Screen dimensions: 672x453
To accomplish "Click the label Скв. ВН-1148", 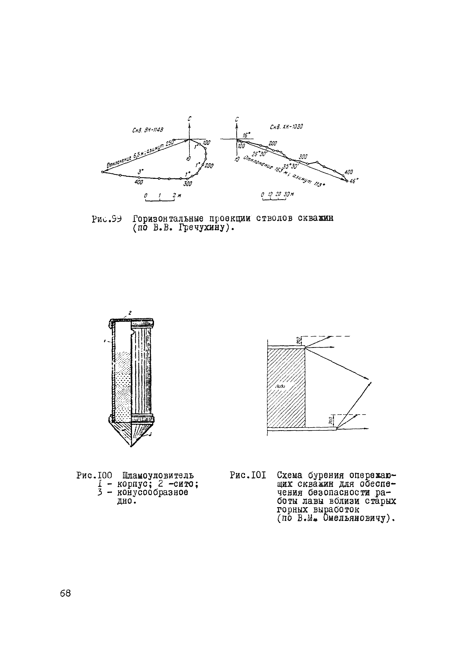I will (148, 130).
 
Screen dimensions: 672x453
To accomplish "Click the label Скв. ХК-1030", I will (286, 127).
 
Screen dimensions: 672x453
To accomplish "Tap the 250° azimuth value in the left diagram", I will (170, 143).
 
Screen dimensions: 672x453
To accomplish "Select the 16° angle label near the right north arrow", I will (246, 135).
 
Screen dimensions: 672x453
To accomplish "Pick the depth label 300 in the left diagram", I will (188, 184).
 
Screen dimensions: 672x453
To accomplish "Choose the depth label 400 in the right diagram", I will (348, 172).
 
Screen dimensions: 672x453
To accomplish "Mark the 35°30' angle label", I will (291, 167).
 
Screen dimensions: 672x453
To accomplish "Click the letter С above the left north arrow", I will (189, 119).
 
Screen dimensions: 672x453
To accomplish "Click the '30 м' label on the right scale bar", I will (288, 194).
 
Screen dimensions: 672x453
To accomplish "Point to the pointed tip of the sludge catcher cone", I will (131, 447).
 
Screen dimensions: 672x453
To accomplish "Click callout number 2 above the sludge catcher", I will (130, 312).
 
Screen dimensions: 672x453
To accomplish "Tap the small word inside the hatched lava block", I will (280, 386).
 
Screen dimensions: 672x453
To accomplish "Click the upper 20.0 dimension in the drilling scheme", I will (298, 341).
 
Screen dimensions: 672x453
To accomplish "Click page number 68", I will (65, 593).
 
